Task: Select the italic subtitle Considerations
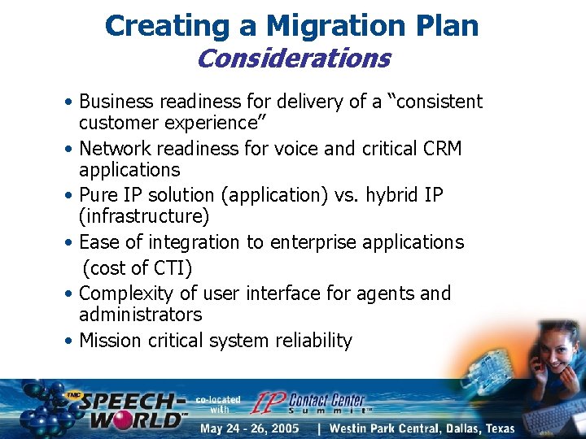(293, 59)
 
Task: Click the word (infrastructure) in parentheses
(144, 217)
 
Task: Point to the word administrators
(140, 315)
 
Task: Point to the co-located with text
(218, 405)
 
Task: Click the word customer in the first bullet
(117, 123)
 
